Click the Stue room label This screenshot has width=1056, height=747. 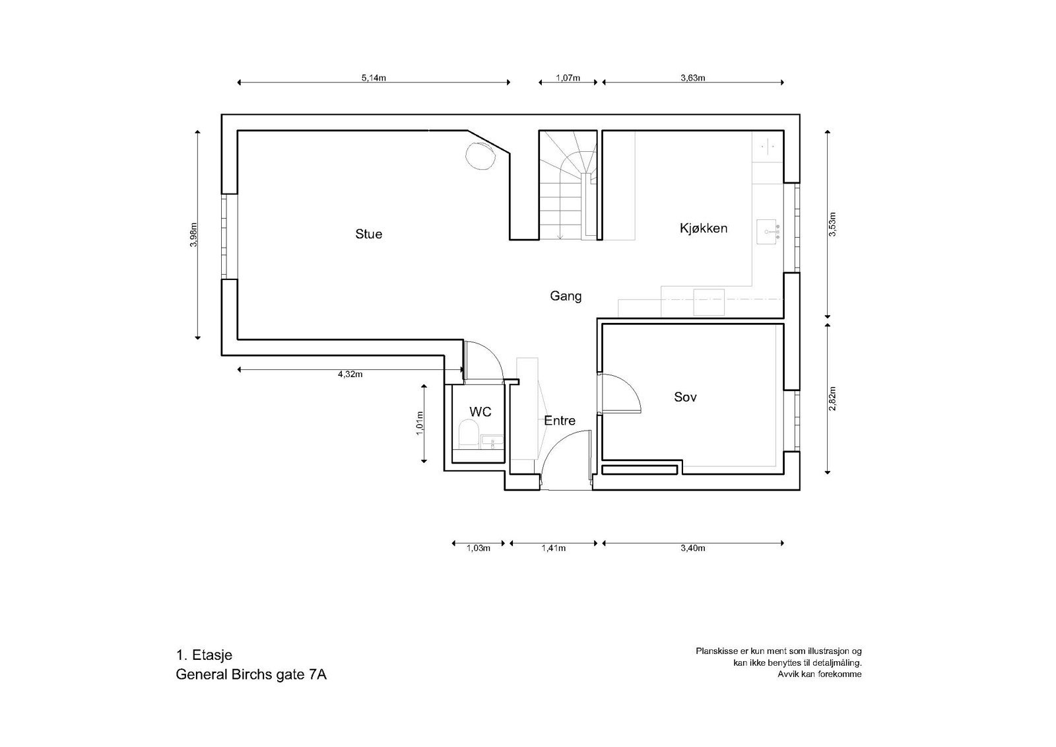pos(368,234)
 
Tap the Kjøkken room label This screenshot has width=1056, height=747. pos(704,229)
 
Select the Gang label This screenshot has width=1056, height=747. pos(566,296)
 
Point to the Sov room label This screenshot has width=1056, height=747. pos(685,397)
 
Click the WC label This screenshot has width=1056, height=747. pos(480,411)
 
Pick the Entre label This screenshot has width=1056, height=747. pos(559,421)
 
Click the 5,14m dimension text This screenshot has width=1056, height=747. pos(374,77)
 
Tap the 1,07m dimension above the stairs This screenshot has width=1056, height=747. pos(568,77)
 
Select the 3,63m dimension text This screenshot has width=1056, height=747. pos(693,77)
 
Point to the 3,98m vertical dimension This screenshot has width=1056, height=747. pos(193,234)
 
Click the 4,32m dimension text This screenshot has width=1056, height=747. pos(350,374)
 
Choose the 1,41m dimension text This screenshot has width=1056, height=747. pos(553,548)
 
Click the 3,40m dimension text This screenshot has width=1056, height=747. pos(693,548)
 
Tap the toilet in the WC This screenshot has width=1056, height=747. pos(468,437)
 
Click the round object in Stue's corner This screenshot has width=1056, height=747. pos(480,157)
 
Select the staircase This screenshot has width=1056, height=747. pos(568,186)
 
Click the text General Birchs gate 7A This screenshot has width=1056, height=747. pos(251,675)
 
